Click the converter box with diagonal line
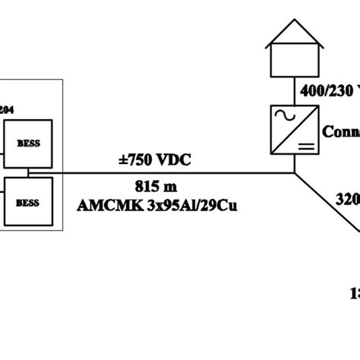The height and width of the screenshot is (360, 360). pos(293,127)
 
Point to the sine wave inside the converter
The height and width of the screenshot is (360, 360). pos(283,116)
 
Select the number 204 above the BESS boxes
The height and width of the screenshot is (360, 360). pos(8,109)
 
